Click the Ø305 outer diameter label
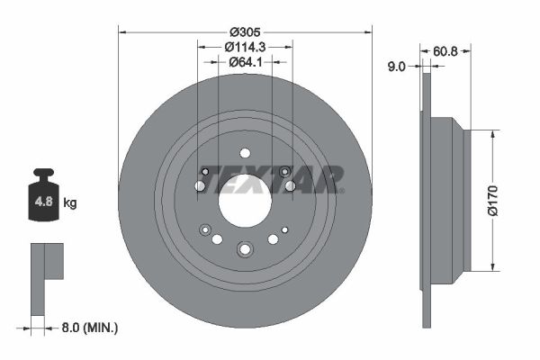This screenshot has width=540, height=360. (x=245, y=32)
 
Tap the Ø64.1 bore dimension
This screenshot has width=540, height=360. (x=245, y=62)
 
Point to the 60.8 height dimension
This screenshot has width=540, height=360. (x=445, y=51)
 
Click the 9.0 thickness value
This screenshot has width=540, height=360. (x=397, y=66)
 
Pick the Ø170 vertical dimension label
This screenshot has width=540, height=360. (x=493, y=200)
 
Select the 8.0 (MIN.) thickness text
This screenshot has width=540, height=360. (x=89, y=328)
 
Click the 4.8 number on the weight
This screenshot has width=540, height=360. (x=44, y=201)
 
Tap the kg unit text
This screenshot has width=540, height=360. (x=70, y=202)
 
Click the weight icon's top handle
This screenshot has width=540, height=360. (x=44, y=172)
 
